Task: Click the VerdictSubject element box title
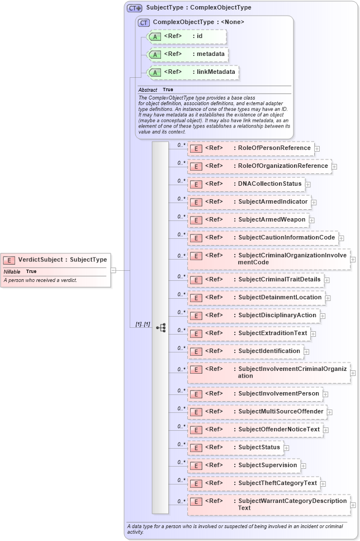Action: pos(62,260)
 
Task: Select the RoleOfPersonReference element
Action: pos(251,148)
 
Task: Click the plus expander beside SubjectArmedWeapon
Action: pos(312,220)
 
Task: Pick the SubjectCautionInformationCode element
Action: pos(263,238)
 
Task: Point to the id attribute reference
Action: pos(187,37)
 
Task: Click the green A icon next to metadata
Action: pos(156,55)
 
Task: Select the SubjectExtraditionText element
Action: pos(252,333)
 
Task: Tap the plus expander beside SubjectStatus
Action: pos(286,448)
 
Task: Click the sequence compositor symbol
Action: pos(160,327)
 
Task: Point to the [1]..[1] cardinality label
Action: pos(143,324)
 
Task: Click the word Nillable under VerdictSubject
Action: pos(12,271)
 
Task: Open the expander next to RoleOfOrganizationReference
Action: pos(334,166)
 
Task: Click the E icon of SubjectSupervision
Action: pos(195,465)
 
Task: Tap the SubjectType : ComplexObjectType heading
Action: pos(198,8)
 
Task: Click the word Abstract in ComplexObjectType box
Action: pos(148,90)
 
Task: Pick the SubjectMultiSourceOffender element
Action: pos(257,412)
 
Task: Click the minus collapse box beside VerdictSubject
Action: pos(113,270)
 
